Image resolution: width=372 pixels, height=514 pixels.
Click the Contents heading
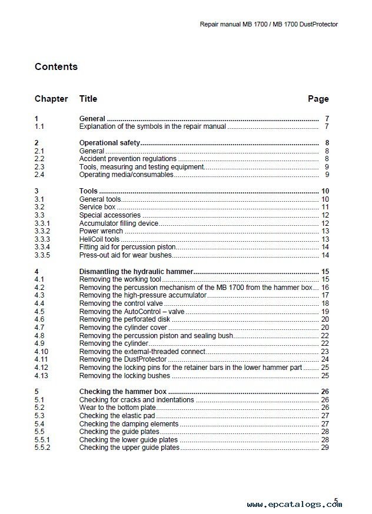[56, 66]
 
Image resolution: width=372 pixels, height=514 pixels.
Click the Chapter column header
[51, 99]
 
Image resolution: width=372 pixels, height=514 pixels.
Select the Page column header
[318, 99]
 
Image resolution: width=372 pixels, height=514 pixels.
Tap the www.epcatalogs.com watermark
[294, 504]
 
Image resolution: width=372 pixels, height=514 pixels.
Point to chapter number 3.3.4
[42, 247]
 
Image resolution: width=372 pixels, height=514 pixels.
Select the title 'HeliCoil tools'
[99, 239]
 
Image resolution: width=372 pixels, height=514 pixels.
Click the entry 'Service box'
[97, 208]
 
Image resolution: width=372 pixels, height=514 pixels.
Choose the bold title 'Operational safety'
[109, 143]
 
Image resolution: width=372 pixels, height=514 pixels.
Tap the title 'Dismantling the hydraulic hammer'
[136, 271]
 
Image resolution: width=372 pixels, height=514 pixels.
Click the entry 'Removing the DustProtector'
[122, 359]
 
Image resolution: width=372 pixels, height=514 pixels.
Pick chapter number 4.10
[41, 351]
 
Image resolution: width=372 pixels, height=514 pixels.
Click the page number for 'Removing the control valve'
[324, 303]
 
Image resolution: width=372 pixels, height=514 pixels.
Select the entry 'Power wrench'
[101, 231]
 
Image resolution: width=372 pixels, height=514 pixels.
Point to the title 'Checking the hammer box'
[123, 391]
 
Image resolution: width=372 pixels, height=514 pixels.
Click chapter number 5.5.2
[42, 448]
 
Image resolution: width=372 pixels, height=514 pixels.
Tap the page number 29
[324, 448]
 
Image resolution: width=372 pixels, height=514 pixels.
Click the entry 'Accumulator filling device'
[120, 223]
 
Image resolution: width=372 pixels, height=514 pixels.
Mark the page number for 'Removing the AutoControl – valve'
[324, 311]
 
